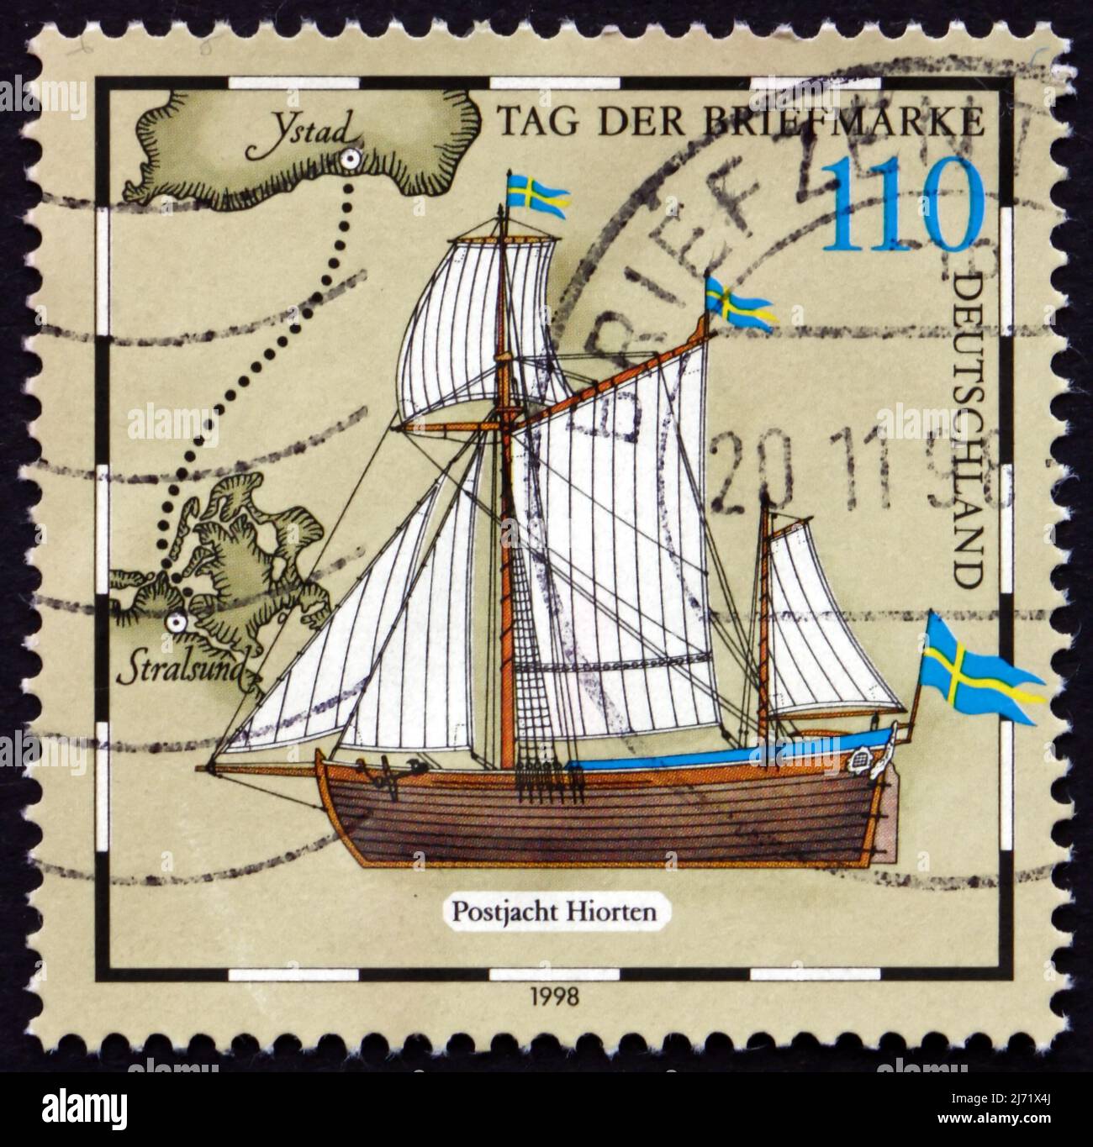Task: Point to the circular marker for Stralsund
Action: (176, 623)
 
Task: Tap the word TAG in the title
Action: (531, 123)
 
